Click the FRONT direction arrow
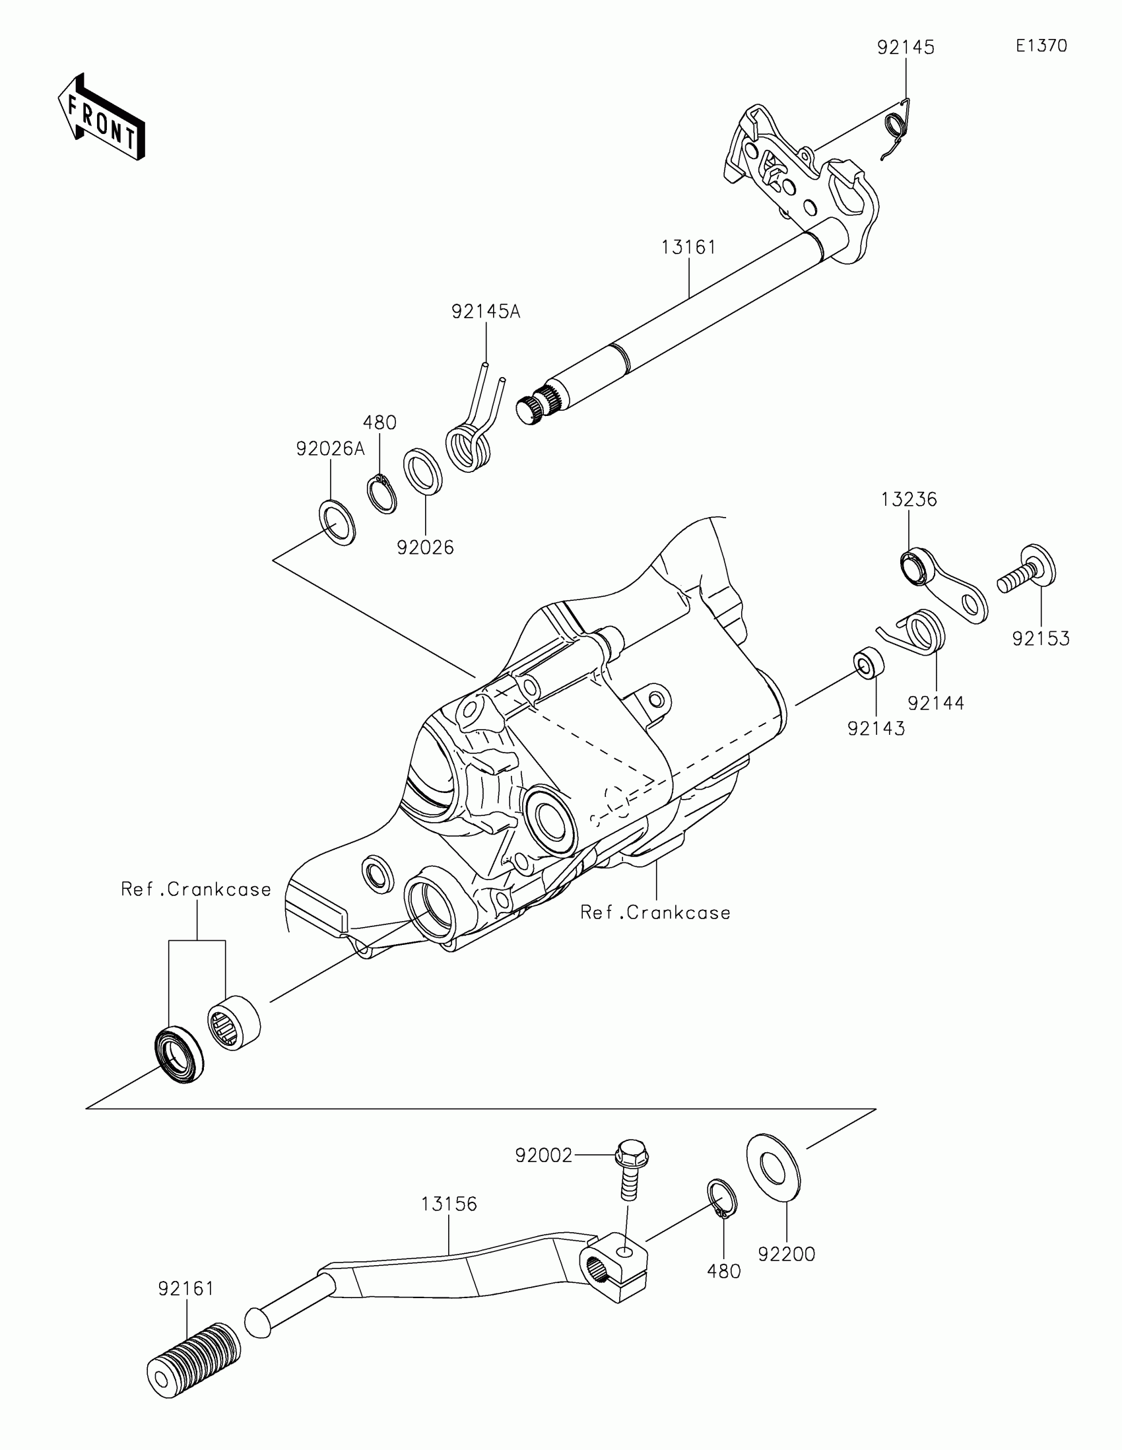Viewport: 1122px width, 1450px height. [x=101, y=117]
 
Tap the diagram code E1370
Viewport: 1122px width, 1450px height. [x=1041, y=46]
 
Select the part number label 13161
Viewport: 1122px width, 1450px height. [x=689, y=248]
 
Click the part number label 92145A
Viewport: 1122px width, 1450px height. [x=486, y=312]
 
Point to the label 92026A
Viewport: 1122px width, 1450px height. [x=331, y=450]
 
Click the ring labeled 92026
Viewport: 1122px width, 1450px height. [x=423, y=471]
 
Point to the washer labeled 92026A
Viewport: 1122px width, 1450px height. [x=338, y=522]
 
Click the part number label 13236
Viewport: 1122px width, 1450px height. [x=909, y=499]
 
